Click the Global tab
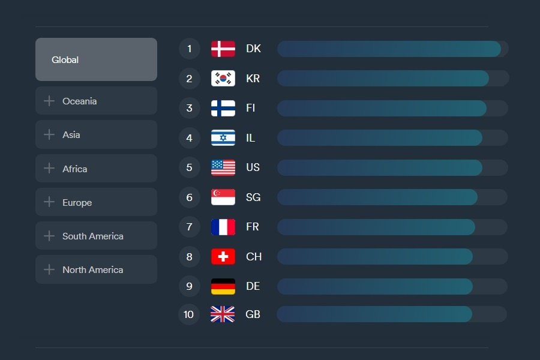(96, 59)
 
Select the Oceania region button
(96, 101)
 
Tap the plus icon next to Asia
(49, 134)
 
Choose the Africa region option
(96, 169)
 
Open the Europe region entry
(96, 202)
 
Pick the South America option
(96, 236)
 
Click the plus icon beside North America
(49, 269)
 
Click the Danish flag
(223, 49)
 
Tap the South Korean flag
(223, 78)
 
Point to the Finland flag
(223, 108)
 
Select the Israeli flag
(223, 137)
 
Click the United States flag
(223, 167)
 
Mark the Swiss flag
(223, 257)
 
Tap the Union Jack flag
(223, 314)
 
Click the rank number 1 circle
(190, 49)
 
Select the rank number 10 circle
(189, 314)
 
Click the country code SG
(253, 197)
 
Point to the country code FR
(253, 227)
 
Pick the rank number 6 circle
(190, 197)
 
